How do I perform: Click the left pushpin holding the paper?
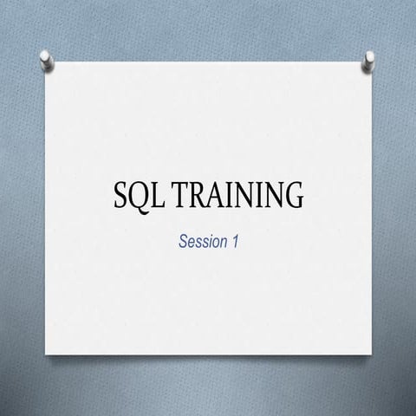[47, 60]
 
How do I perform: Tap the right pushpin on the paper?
[369, 60]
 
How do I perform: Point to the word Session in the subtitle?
[202, 241]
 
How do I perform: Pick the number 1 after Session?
[234, 241]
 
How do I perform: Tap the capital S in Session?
[183, 241]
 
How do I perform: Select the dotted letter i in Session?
[208, 241]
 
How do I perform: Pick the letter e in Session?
[192, 242]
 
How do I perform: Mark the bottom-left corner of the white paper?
[46, 354]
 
